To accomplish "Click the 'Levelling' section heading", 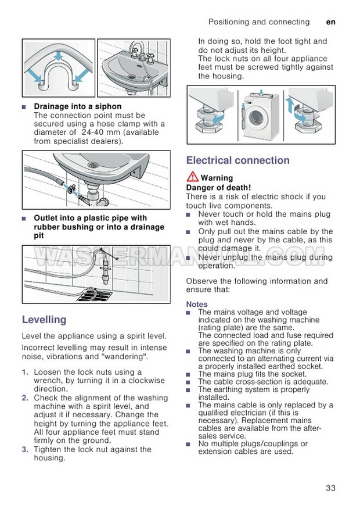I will click(44, 320).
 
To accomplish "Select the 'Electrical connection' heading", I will click(237, 160).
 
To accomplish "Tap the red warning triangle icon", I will click(192, 178).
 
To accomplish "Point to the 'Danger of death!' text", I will click(218, 188).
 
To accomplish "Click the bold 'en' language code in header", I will click(331, 22).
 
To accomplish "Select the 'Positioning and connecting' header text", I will click(259, 22).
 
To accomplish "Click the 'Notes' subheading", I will click(196, 304).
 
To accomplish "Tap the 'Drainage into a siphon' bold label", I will click(78, 106).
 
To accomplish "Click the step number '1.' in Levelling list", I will click(25, 372).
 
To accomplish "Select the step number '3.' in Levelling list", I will click(25, 449).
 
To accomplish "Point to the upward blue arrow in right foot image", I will click(289, 104).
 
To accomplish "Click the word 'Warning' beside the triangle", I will click(217, 178).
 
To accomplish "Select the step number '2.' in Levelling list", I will click(25, 398).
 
